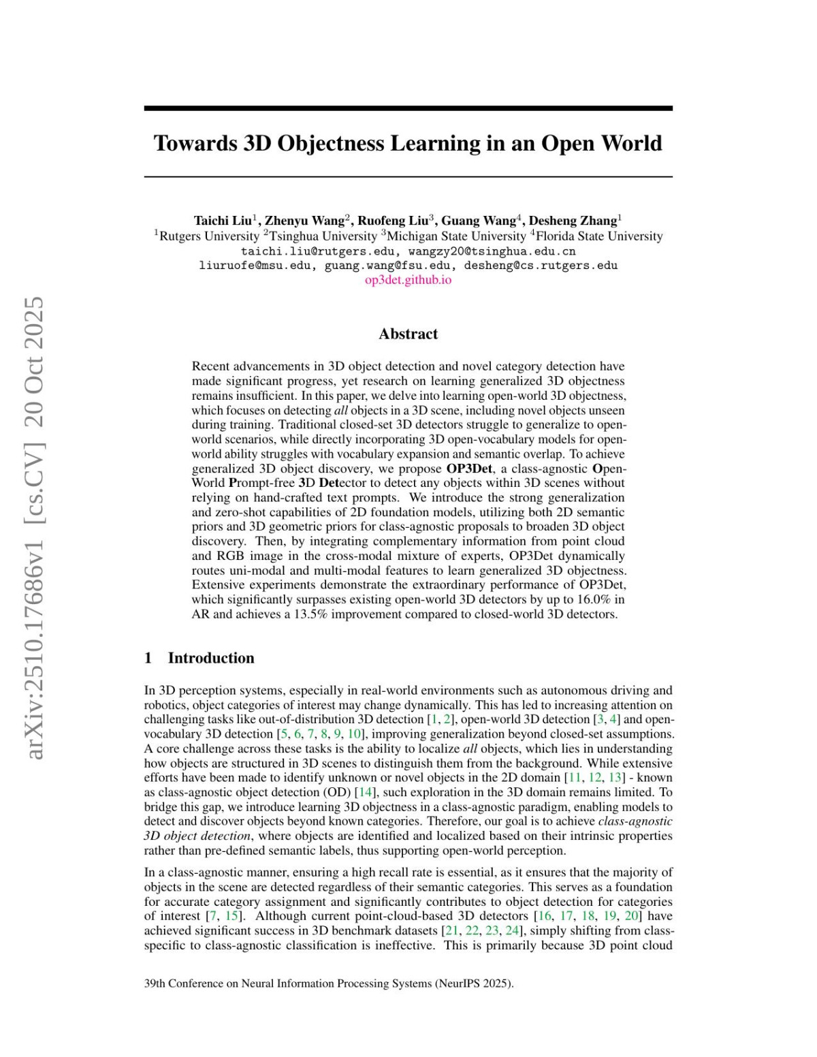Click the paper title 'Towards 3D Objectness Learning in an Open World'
(x=408, y=143)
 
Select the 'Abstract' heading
(x=408, y=334)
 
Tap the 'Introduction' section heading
(x=210, y=658)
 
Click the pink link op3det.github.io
(x=408, y=280)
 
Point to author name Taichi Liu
(x=223, y=220)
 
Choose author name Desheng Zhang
(x=573, y=220)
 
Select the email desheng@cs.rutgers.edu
(x=541, y=266)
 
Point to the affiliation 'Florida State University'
(x=599, y=236)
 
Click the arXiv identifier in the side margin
(x=35, y=528)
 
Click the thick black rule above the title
(x=408, y=108)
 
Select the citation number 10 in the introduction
(x=354, y=733)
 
